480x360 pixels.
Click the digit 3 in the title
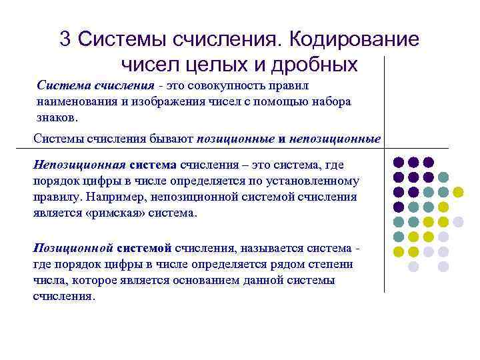(x=65, y=39)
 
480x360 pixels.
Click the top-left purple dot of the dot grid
(x=399, y=162)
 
